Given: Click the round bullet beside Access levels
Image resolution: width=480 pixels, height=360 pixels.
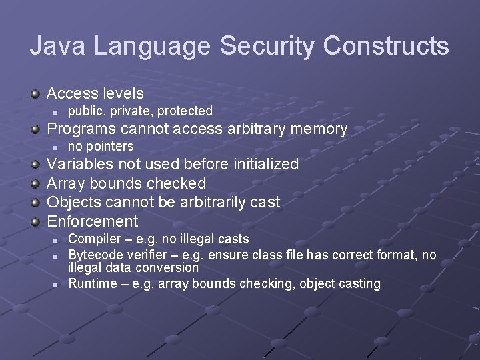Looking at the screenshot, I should pyautogui.click(x=35, y=94).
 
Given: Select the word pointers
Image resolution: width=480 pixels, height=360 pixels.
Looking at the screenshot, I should pyautogui.click(x=110, y=146).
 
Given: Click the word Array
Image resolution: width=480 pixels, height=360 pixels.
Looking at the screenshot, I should pyautogui.click(x=65, y=183).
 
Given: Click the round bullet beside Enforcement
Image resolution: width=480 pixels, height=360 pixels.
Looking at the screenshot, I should pyautogui.click(x=35, y=222).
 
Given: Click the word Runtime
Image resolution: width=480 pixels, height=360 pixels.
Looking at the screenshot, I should pyautogui.click(x=92, y=283).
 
